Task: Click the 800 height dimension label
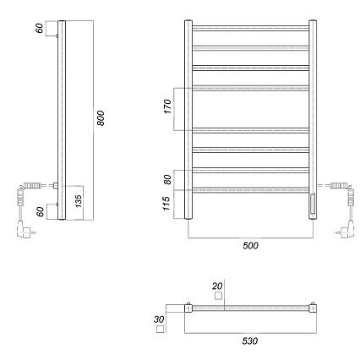101,118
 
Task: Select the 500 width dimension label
250,246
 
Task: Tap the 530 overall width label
250,341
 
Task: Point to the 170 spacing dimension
167,106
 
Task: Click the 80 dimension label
167,179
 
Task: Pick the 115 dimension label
166,204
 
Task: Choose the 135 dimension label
78,201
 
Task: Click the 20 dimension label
217,286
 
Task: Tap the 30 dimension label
159,319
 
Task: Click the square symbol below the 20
218,296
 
